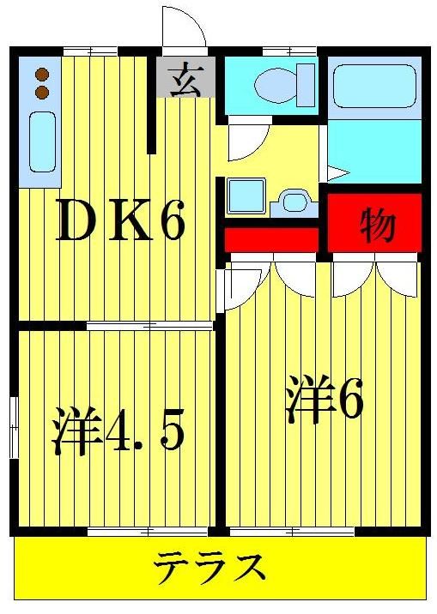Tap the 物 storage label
click(376, 224)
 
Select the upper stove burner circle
click(40, 75)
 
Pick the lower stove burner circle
click(40, 91)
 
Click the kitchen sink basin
click(40, 142)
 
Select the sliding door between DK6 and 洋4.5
click(150, 326)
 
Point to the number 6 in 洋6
click(351, 400)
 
